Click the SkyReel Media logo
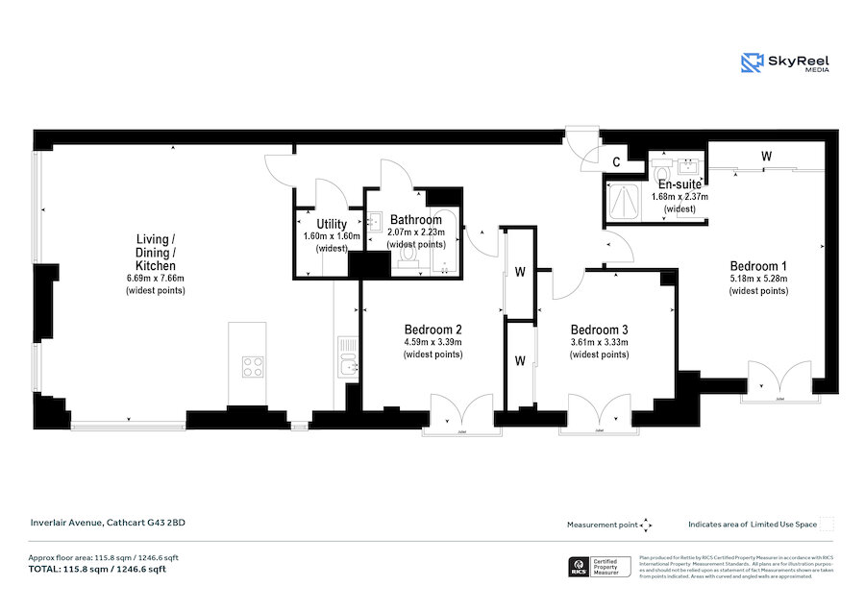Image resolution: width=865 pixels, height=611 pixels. click(784, 63)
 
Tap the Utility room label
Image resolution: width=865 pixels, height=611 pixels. click(324, 224)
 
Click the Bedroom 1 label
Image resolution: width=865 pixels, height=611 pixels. click(758, 266)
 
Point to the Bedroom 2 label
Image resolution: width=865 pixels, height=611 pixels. click(432, 328)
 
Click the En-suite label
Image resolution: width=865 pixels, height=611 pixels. click(680, 184)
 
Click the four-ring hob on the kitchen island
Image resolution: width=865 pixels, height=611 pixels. click(253, 366)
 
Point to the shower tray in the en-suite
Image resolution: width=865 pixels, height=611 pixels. click(624, 200)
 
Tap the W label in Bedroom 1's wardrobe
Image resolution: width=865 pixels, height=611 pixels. click(766, 155)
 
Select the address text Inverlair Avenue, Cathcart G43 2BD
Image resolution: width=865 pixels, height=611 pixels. click(107, 523)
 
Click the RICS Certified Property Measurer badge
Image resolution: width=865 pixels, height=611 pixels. click(601, 568)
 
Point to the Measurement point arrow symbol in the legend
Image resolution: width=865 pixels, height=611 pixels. click(647, 525)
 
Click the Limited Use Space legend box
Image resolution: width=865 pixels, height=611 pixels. click(827, 525)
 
